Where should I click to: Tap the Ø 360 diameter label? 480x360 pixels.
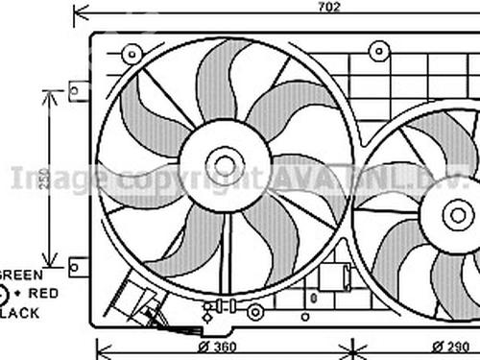219,347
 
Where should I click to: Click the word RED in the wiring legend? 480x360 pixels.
43,292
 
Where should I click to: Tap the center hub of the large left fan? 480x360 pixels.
225,165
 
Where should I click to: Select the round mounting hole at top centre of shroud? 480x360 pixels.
379,50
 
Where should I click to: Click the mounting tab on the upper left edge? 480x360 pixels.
80,91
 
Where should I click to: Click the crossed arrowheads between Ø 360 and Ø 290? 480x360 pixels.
352,347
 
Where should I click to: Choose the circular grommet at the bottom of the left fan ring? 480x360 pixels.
254,312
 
